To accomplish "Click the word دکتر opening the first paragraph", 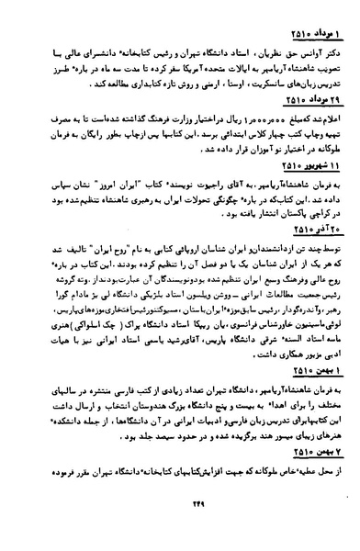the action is [x=335, y=40].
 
